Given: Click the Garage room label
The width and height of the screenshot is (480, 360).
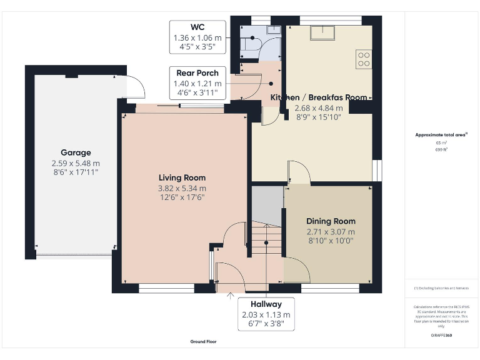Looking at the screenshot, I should pyautogui.click(x=76, y=152).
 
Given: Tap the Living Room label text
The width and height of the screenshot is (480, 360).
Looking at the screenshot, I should pyautogui.click(x=182, y=178).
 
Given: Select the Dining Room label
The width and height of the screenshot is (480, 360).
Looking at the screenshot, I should pyautogui.click(x=331, y=221).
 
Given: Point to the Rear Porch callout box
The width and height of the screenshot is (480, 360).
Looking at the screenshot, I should pyautogui.click(x=197, y=83).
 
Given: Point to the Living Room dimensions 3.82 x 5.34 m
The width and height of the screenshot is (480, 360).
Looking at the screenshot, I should pyautogui.click(x=182, y=188).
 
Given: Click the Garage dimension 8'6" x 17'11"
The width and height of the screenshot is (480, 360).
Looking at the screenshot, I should pyautogui.click(x=76, y=172).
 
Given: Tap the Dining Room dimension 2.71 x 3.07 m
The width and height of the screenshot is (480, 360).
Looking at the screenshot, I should pyautogui.click(x=331, y=231).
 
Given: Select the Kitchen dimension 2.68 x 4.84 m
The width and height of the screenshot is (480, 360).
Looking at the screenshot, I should pyautogui.click(x=317, y=107).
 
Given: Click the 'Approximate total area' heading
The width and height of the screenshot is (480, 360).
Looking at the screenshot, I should pyautogui.click(x=441, y=135).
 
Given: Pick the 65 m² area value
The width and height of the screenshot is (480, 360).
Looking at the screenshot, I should pyautogui.click(x=441, y=143).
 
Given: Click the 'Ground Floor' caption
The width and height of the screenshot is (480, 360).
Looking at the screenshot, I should pyautogui.click(x=203, y=342).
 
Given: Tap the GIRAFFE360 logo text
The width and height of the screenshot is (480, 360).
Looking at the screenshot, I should pyautogui.click(x=441, y=336).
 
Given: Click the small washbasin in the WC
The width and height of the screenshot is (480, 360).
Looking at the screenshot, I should pyautogui.click(x=273, y=29).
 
